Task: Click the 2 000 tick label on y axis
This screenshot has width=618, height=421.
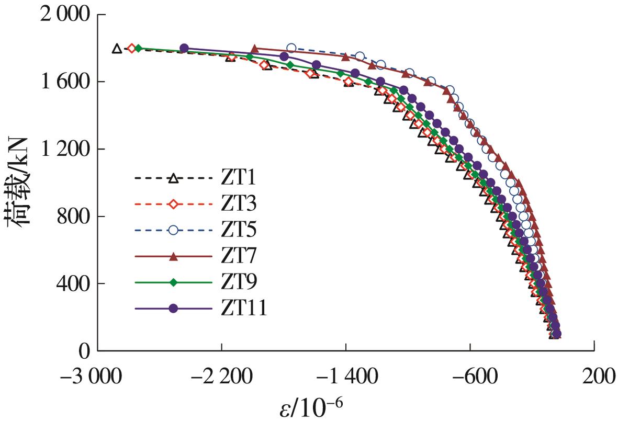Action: click(62, 16)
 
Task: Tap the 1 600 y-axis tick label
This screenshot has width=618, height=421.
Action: click(62, 83)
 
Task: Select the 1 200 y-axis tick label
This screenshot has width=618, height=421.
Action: click(62, 150)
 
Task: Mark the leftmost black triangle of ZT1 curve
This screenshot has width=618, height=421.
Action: click(117, 49)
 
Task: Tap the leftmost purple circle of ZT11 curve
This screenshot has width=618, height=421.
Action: click(184, 49)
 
